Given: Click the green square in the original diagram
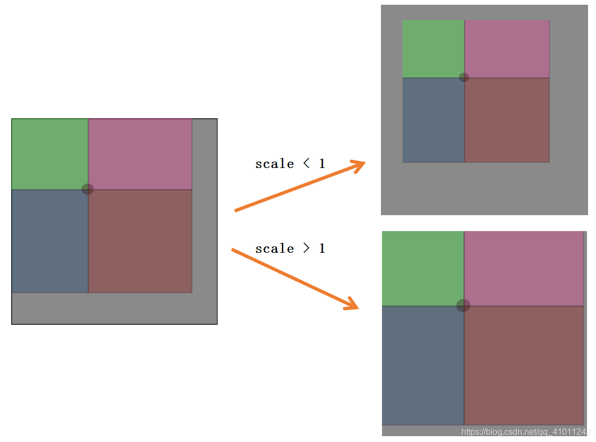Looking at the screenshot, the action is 50,154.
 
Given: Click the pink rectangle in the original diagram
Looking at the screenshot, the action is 140,154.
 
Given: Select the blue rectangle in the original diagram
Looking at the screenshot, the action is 50,241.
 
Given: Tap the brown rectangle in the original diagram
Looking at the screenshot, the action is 140,241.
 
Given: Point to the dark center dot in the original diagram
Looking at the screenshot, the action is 87,189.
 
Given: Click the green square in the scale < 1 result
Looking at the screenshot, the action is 433,49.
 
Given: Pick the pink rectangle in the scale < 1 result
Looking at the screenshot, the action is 507,49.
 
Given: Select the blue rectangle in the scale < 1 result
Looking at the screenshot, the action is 433,120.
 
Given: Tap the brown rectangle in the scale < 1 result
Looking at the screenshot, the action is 507,120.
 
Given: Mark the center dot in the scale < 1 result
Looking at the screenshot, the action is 464,77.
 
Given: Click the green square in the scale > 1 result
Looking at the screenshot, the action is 423,268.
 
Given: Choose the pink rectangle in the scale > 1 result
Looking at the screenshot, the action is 523,268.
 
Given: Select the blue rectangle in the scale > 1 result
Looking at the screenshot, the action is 423,366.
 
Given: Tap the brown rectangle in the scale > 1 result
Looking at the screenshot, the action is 523,366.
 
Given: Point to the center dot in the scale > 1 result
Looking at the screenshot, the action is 463,305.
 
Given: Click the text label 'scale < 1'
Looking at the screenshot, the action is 290,164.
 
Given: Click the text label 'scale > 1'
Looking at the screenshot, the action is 290,249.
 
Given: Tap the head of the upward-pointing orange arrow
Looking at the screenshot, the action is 361,164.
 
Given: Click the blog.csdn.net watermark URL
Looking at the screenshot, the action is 526,432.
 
